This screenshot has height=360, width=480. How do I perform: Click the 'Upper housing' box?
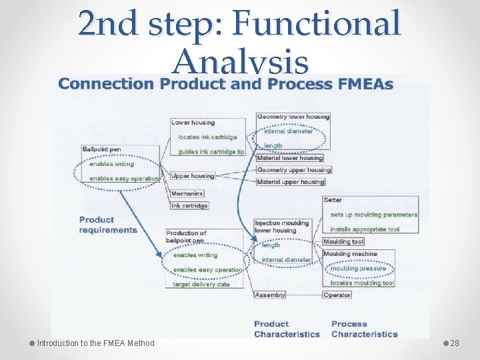(x=193, y=176)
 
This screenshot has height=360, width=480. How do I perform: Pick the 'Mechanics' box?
(x=187, y=194)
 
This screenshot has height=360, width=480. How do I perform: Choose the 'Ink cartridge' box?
(x=189, y=205)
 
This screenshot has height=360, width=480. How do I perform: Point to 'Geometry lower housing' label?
(x=293, y=117)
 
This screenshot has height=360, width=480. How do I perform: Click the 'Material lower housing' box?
(x=289, y=158)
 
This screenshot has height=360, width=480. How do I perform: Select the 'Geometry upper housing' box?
(x=293, y=170)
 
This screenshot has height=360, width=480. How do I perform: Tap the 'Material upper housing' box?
(x=290, y=181)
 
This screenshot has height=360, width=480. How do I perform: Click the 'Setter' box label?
(x=333, y=200)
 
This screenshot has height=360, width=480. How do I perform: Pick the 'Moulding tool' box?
(x=343, y=241)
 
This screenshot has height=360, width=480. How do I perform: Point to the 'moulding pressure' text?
(x=358, y=269)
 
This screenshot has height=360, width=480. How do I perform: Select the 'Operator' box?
(x=337, y=295)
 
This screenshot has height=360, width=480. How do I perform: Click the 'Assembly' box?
(x=270, y=295)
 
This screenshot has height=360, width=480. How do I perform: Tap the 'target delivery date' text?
(x=201, y=284)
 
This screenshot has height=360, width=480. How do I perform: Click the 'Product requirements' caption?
(x=107, y=225)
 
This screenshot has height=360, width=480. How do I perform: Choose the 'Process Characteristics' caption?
(x=364, y=329)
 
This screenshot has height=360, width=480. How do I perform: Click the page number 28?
(x=455, y=343)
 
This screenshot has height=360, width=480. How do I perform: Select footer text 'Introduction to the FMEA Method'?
(x=95, y=343)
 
